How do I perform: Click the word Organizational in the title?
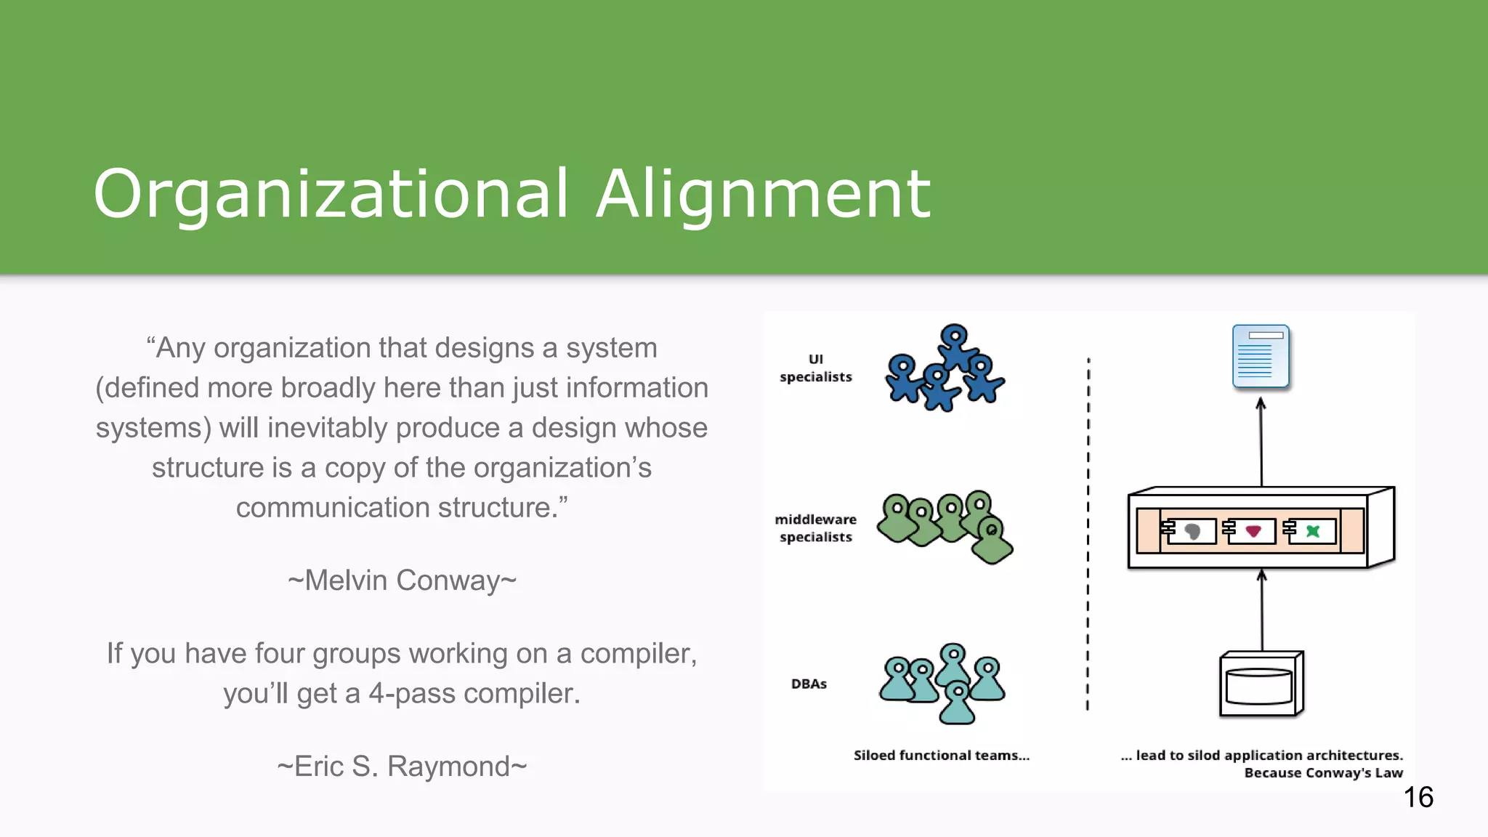[331, 194]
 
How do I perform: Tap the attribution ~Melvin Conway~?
[402, 580]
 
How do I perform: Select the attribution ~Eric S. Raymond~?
[402, 766]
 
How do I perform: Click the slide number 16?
[1418, 797]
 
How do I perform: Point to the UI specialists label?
[815, 368]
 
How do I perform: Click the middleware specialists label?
[815, 528]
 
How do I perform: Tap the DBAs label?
[809, 684]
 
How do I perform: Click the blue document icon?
[1261, 356]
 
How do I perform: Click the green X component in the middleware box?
[1313, 531]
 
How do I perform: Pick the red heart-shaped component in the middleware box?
[1253, 531]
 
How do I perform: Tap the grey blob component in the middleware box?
[1192, 531]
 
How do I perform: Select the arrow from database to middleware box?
[1262, 610]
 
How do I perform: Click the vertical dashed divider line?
[1088, 534]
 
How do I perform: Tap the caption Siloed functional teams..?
[941, 755]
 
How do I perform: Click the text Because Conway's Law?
[1323, 772]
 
